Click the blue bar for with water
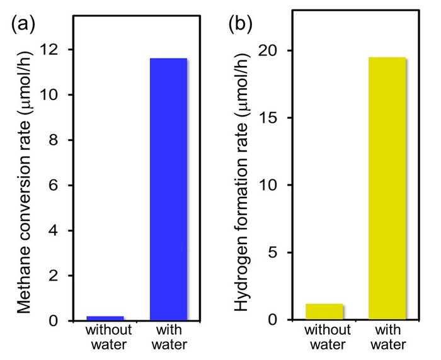pos(168,189)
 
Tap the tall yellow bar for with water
pos(387,188)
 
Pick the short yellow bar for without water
pos(324,312)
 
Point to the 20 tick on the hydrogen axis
pos(273,50)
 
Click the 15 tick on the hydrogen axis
pos(273,118)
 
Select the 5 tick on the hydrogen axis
pos(277,252)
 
